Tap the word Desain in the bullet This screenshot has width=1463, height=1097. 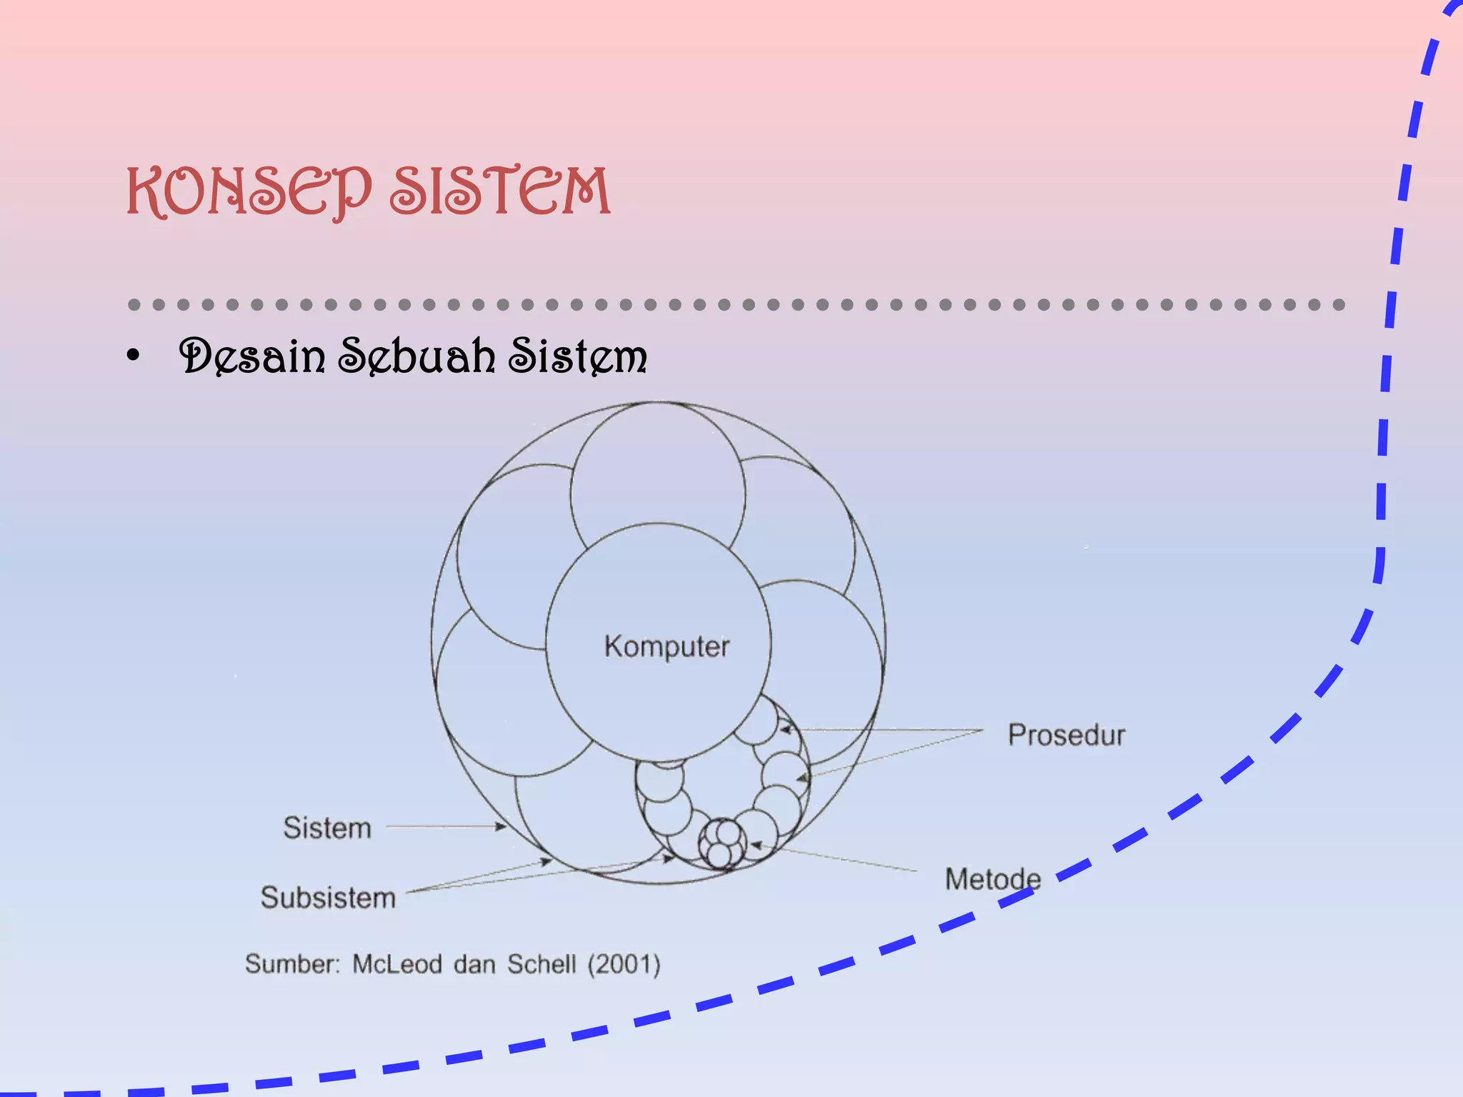click(252, 356)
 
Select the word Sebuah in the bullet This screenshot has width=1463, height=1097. click(416, 356)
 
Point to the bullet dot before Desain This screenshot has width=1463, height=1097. click(133, 356)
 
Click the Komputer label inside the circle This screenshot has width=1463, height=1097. click(666, 646)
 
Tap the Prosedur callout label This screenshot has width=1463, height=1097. click(1066, 735)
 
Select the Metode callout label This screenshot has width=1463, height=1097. click(993, 879)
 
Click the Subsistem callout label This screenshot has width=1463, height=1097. click(328, 898)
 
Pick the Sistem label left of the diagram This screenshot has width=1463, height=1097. click(327, 828)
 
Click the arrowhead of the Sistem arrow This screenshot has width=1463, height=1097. click(502, 827)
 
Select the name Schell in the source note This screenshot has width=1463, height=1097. click(541, 965)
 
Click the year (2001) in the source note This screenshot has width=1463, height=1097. click(624, 965)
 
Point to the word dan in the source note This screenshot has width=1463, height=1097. click(474, 965)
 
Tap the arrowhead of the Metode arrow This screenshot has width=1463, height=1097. click(756, 846)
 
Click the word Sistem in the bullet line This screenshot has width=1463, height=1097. click(577, 356)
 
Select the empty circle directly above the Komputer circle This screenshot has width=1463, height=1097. click(657, 471)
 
